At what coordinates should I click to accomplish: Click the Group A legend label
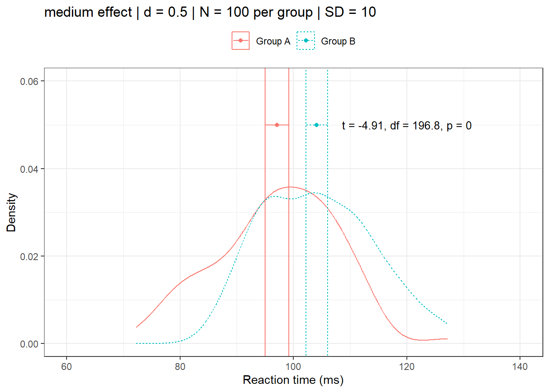point(273,41)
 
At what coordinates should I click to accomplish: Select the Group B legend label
point(338,41)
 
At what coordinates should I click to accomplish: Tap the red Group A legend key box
point(241,41)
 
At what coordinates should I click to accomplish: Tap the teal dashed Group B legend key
point(306,41)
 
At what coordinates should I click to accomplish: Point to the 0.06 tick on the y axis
point(29,81)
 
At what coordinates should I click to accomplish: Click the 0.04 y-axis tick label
point(29,169)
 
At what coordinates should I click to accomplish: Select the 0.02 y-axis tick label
point(29,256)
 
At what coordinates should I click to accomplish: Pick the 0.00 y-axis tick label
point(29,344)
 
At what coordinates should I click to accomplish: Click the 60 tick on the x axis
point(67,366)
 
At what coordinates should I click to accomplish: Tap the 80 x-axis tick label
point(180,366)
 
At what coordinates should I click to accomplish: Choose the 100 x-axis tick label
point(293,366)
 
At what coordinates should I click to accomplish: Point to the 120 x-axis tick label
point(406,366)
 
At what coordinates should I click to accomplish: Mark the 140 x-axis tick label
point(520,366)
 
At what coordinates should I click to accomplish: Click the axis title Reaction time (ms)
point(293,380)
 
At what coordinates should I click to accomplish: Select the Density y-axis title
point(11,212)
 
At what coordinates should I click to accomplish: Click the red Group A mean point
point(277,125)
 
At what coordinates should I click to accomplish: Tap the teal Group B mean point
point(317,125)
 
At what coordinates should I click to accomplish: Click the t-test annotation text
point(406,126)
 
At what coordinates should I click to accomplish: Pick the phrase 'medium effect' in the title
point(88,12)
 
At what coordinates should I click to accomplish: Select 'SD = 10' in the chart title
point(350,12)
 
